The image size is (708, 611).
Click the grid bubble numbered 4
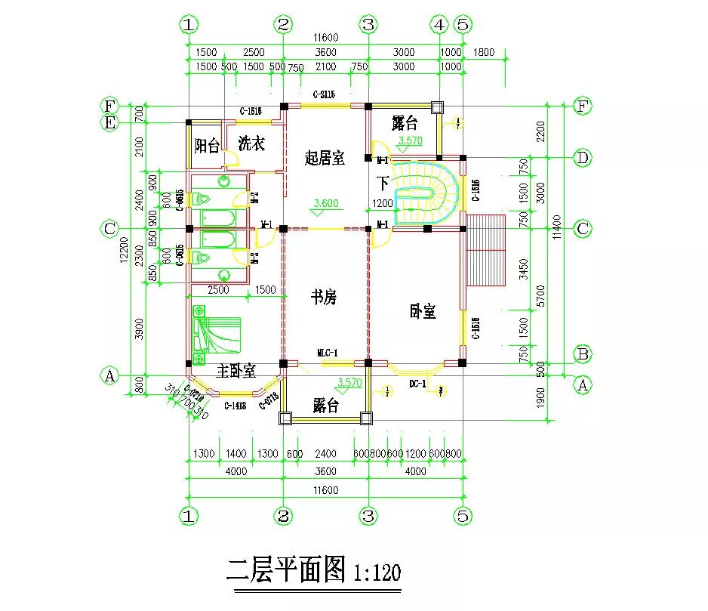click(439, 25)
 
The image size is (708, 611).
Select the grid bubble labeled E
click(110, 122)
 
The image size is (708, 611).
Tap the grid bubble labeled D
click(582, 158)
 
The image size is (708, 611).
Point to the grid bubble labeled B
click(582, 353)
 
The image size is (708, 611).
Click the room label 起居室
click(325, 159)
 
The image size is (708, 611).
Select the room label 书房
click(324, 298)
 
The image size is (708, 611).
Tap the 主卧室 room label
click(236, 372)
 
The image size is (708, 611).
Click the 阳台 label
click(207, 145)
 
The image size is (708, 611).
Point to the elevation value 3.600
click(325, 203)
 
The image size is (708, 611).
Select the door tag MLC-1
click(327, 353)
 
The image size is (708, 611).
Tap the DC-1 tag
click(418, 384)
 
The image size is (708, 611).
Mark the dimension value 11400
click(557, 227)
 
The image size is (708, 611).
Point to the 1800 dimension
click(484, 52)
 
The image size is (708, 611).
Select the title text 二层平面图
click(286, 569)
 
